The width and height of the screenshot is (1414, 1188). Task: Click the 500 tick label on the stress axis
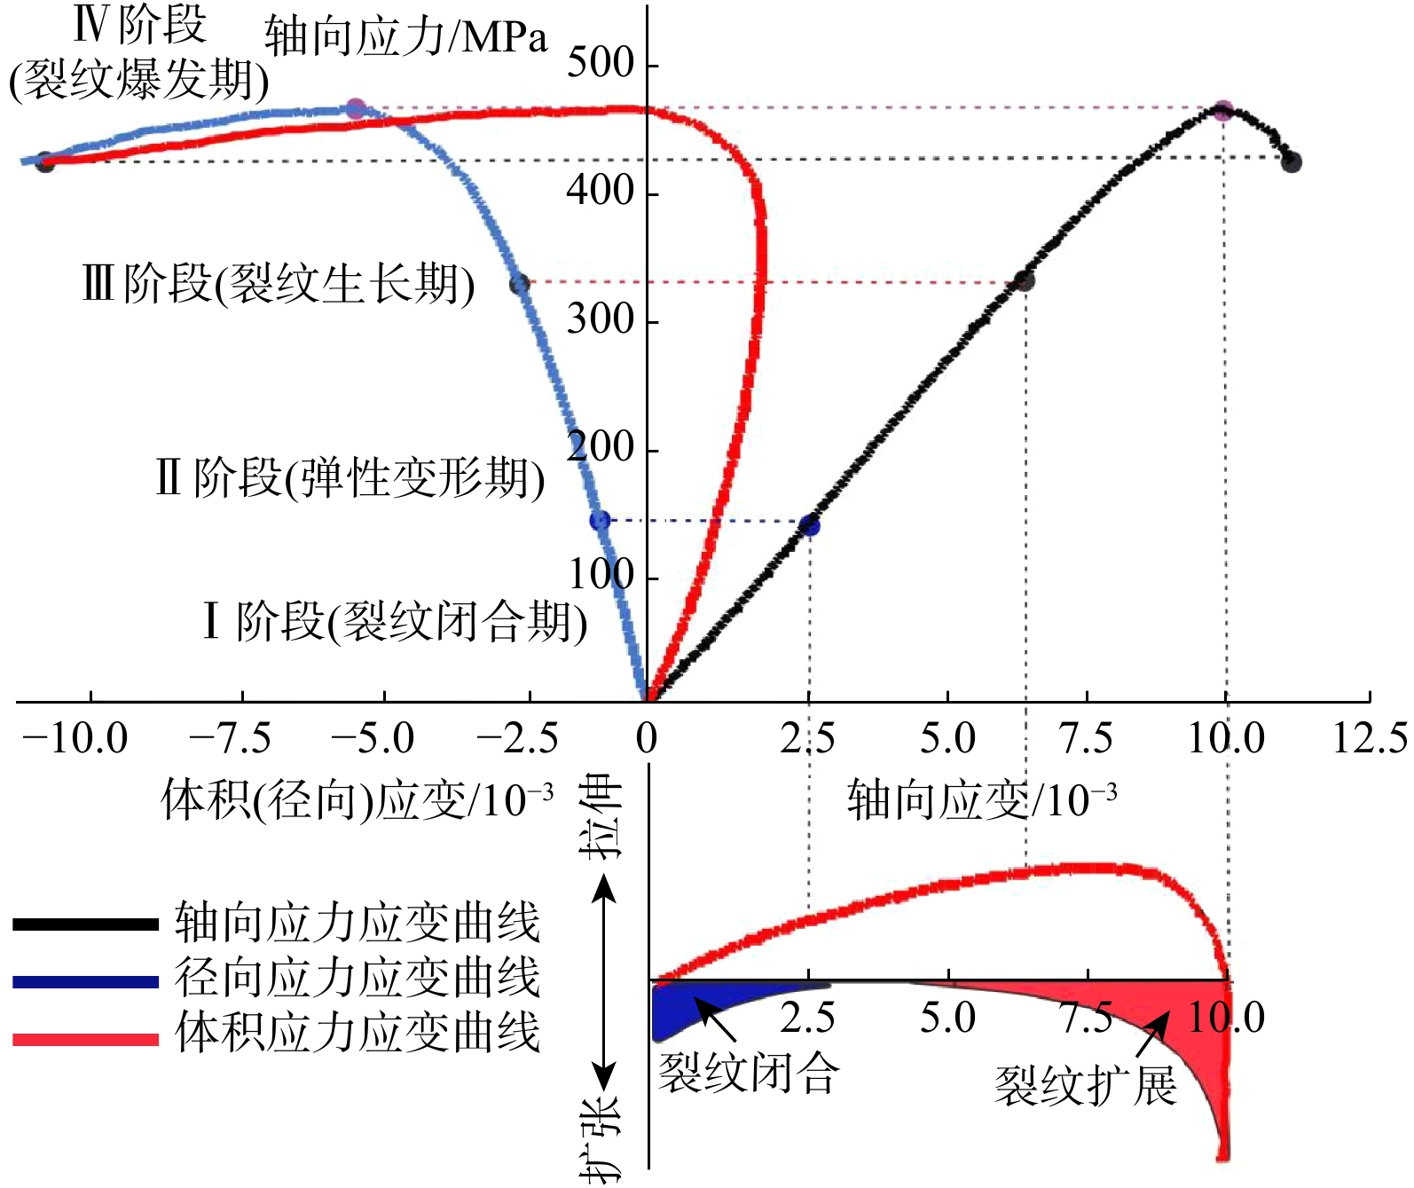(x=601, y=64)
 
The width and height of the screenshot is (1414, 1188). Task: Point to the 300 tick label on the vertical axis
(x=601, y=319)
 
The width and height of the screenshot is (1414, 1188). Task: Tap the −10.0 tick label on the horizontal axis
(x=75, y=739)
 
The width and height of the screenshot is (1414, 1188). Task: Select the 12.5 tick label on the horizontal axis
(x=1370, y=739)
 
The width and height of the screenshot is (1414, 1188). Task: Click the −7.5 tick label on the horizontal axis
(x=231, y=739)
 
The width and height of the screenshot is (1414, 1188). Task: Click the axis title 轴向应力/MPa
(x=405, y=37)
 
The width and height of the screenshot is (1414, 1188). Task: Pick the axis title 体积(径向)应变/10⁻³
(x=357, y=800)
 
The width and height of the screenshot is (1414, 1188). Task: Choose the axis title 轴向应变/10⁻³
(x=981, y=800)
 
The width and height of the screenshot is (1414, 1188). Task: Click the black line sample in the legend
(x=85, y=924)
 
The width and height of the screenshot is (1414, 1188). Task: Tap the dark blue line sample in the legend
(x=85, y=981)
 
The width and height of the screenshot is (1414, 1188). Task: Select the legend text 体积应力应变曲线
(x=357, y=1034)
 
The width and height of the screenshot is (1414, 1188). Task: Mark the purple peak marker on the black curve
(x=1222, y=111)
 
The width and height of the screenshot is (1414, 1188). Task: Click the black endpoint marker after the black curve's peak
(x=1292, y=161)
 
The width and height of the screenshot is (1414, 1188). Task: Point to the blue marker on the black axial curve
(x=809, y=526)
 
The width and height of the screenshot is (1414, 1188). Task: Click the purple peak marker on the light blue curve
(x=356, y=109)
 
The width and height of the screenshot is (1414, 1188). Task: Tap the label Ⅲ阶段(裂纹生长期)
(x=278, y=285)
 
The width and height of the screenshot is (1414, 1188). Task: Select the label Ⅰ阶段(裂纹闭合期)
(x=395, y=621)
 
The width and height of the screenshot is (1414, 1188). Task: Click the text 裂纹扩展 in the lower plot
(x=1085, y=1086)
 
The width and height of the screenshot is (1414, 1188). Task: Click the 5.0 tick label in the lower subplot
(x=947, y=1019)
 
